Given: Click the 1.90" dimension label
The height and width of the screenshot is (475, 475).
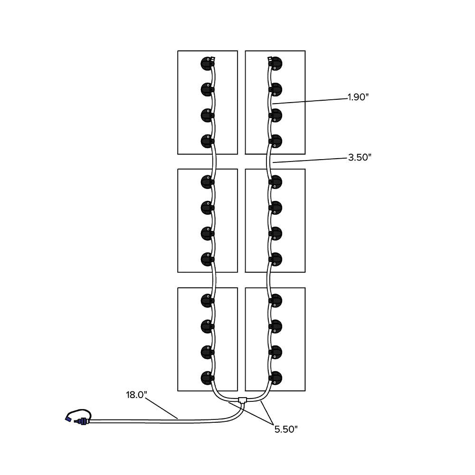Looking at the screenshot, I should pyautogui.click(x=358, y=97).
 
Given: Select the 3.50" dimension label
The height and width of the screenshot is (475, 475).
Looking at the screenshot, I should pyautogui.click(x=360, y=158).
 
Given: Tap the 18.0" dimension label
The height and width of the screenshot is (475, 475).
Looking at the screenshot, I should pyautogui.click(x=136, y=394).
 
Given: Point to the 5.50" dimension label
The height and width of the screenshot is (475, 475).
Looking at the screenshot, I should pyautogui.click(x=285, y=429).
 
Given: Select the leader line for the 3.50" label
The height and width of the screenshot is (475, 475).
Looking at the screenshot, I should pyautogui.click(x=309, y=160).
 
